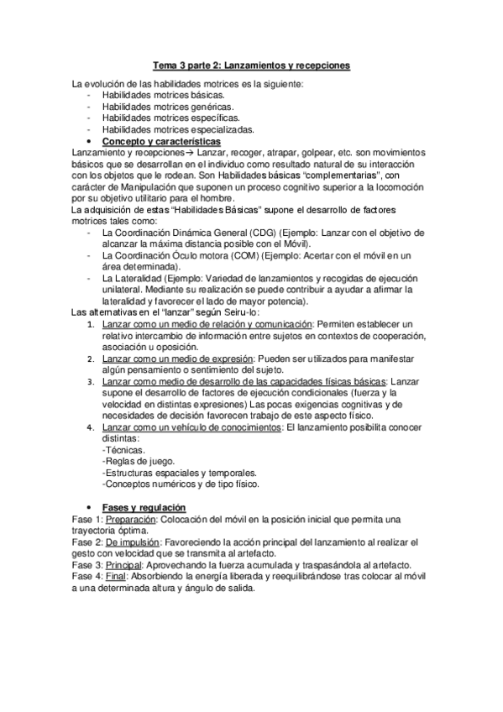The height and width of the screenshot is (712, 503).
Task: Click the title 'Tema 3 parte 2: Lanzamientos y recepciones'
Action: (x=250, y=64)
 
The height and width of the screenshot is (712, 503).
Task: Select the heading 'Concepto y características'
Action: (x=160, y=141)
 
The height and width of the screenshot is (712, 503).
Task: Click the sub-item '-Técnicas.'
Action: (x=123, y=451)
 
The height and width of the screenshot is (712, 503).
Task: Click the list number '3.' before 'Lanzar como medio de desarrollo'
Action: (x=94, y=381)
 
